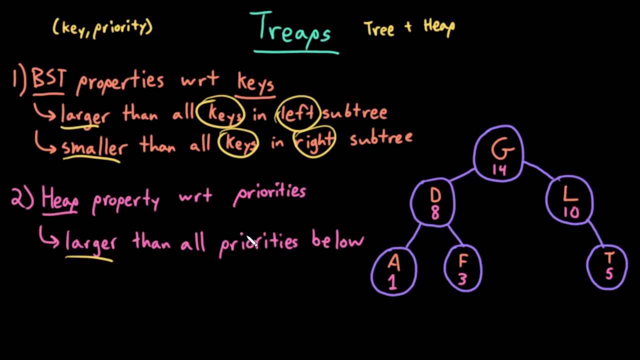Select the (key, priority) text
tap(102, 27)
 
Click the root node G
tap(499, 152)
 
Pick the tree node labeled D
tap(433, 202)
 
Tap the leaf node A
tap(393, 271)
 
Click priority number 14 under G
tap(499, 170)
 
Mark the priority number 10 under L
tap(570, 213)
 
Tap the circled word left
tap(297, 113)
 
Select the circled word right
tap(314, 141)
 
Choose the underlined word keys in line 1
tap(255, 83)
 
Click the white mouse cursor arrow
tap(250, 241)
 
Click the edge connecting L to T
tap(596, 233)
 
